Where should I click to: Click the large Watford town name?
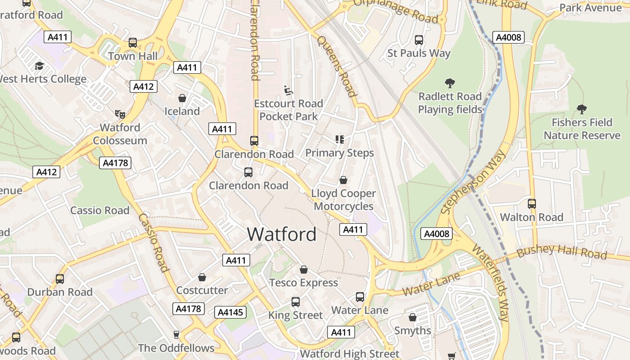click(x=282, y=234)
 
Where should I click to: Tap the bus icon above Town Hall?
click(x=133, y=43)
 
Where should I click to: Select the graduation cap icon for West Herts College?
click(x=39, y=66)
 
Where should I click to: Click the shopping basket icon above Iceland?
click(x=182, y=98)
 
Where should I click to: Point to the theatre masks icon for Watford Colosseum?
click(x=120, y=114)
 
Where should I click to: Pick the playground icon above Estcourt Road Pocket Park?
click(x=288, y=90)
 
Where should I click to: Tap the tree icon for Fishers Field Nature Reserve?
click(x=582, y=109)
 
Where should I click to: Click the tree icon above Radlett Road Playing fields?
click(x=450, y=83)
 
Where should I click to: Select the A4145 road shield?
click(x=231, y=312)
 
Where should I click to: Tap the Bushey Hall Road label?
click(x=562, y=252)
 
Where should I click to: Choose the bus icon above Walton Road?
click(x=532, y=204)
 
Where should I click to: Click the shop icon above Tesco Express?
click(x=304, y=270)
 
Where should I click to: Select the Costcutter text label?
click(x=202, y=290)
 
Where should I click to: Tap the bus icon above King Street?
click(x=296, y=302)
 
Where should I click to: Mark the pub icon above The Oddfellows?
click(x=176, y=335)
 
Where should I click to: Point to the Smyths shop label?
click(x=413, y=331)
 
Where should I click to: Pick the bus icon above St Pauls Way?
click(x=419, y=40)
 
